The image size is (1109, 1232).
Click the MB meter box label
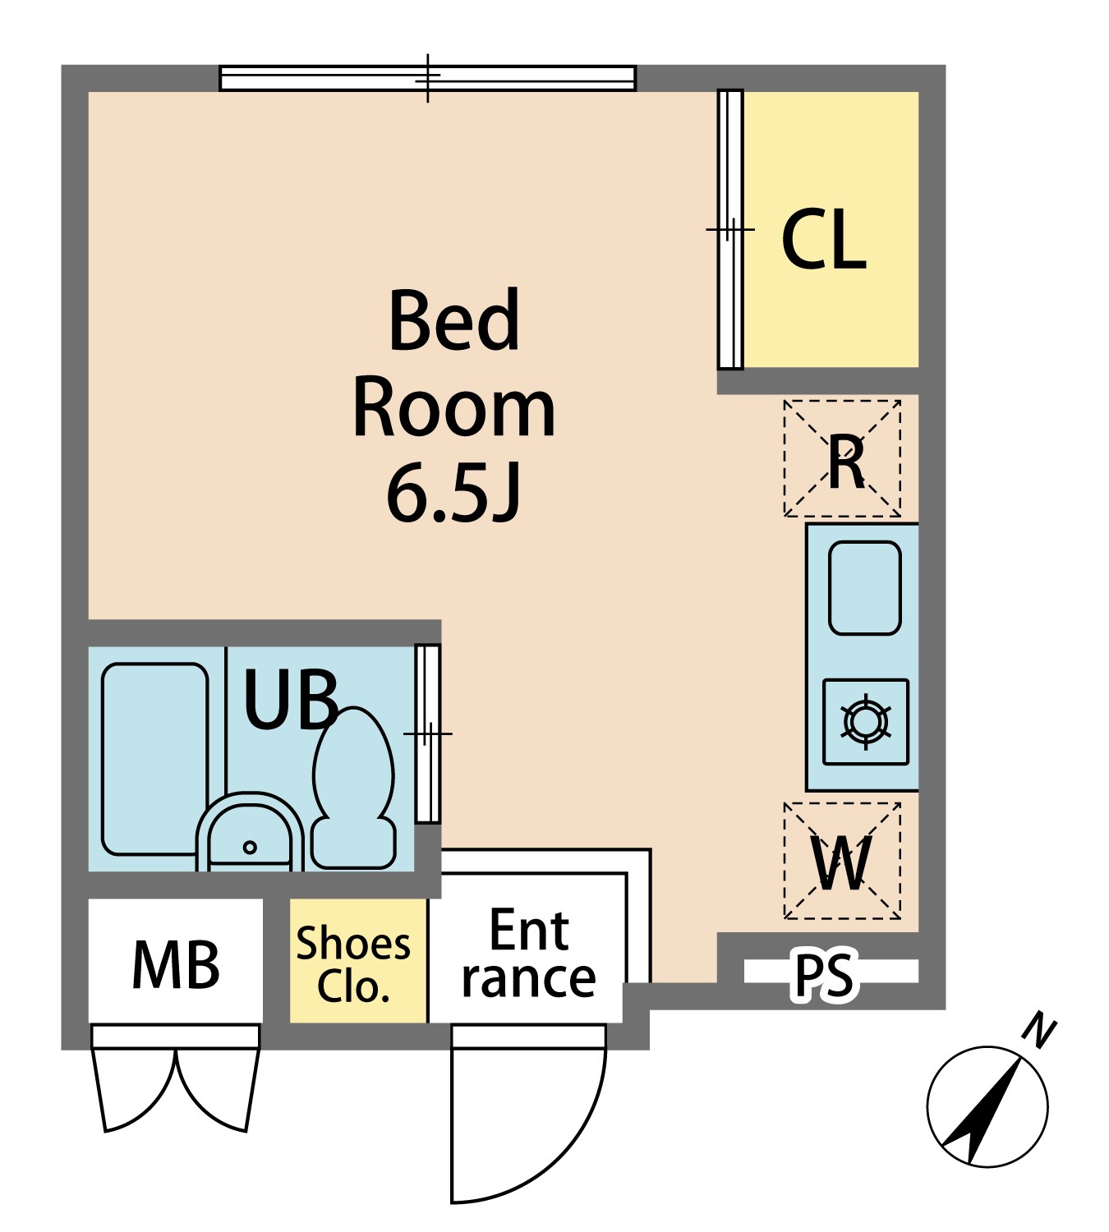(x=176, y=965)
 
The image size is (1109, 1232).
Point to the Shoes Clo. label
(x=352, y=965)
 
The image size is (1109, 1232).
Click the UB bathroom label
(x=290, y=699)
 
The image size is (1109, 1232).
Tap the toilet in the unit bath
(x=353, y=788)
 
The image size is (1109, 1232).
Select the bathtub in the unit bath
(x=154, y=759)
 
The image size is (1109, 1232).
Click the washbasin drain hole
(x=250, y=848)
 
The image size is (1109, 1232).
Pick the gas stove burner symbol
(x=866, y=722)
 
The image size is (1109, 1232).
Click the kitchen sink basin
(x=864, y=588)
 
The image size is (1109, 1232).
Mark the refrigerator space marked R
(x=842, y=458)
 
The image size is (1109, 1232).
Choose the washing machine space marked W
(x=842, y=861)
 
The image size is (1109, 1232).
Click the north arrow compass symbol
(x=987, y=1106)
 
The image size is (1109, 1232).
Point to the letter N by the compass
(x=1039, y=1032)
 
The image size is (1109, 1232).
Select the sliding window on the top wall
(x=428, y=79)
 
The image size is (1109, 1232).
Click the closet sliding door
(x=730, y=229)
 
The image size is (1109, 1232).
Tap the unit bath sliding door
(x=428, y=733)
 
